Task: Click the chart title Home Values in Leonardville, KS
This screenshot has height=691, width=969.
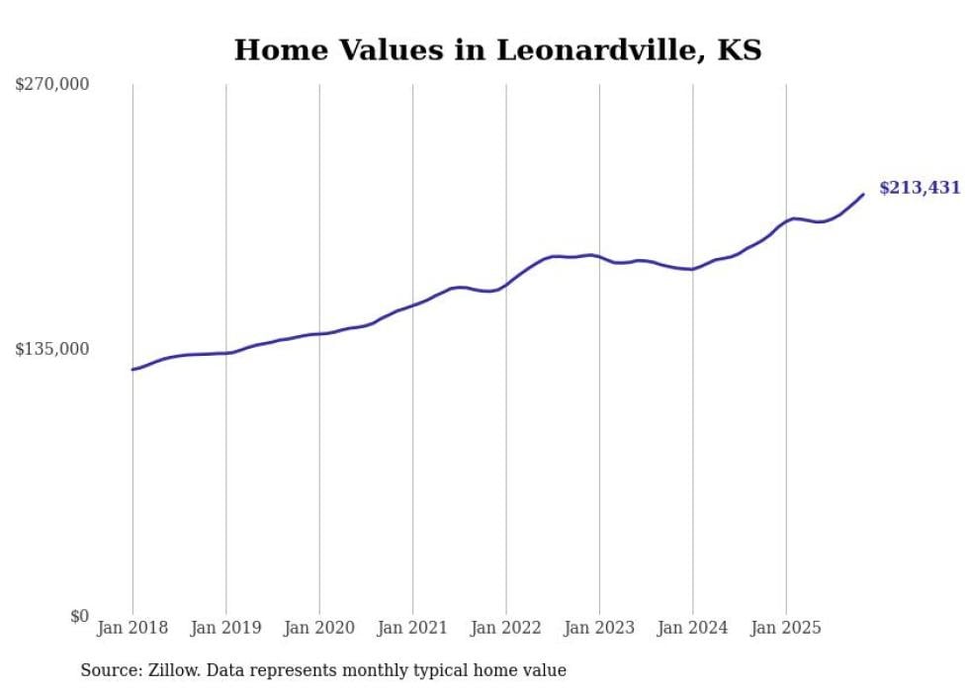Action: (x=497, y=49)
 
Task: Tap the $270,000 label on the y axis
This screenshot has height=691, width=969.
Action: (x=52, y=85)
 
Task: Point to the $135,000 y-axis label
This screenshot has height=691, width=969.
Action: (x=52, y=349)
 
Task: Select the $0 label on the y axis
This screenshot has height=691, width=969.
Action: (x=79, y=616)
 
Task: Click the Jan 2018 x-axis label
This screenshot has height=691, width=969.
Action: (x=132, y=628)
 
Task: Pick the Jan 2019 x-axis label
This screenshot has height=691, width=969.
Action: (x=226, y=628)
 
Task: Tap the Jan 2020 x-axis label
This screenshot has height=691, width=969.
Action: (x=319, y=628)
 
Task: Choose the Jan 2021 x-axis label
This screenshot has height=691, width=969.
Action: (x=413, y=628)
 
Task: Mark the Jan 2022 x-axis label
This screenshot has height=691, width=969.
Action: (x=506, y=628)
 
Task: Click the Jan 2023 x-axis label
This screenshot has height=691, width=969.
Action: (x=600, y=628)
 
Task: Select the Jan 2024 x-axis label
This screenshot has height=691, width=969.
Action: (x=693, y=628)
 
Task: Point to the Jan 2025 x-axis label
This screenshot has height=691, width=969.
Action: (x=787, y=628)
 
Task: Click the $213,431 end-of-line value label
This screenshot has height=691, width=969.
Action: (x=920, y=188)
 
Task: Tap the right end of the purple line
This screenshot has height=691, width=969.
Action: (x=863, y=194)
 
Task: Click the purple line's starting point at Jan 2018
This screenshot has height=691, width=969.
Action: (x=132, y=370)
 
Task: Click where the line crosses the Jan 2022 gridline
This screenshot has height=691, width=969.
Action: (x=506, y=285)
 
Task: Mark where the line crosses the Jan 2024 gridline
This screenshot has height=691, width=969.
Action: (x=693, y=269)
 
